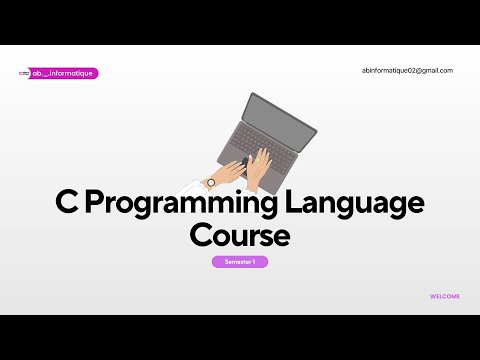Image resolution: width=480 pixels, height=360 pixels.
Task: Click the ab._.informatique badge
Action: coord(65,73)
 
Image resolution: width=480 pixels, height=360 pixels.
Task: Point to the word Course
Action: coord(240,235)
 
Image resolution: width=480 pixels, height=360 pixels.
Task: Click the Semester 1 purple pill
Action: coord(240,261)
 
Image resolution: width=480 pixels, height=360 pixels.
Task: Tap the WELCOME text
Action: coord(445,296)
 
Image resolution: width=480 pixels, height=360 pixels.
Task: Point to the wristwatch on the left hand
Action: coord(211,182)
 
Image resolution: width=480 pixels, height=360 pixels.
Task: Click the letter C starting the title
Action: coord(67,203)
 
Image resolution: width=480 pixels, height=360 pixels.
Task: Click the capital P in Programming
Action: coord(96,203)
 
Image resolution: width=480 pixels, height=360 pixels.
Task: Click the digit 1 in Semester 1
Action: coord(254,261)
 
